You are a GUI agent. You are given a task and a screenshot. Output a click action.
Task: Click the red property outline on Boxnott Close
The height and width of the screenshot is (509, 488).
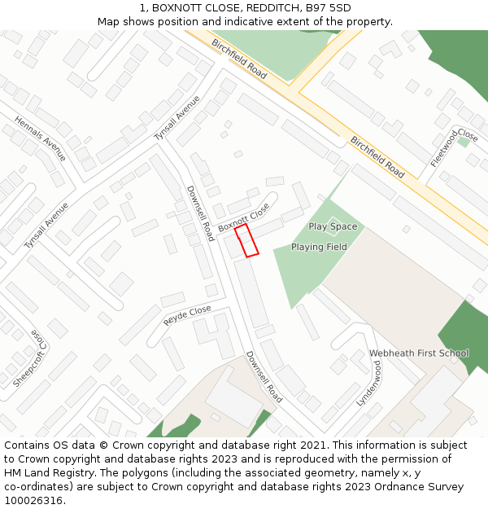pos(246,241)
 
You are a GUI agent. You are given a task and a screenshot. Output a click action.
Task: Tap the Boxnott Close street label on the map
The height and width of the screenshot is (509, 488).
pos(243,217)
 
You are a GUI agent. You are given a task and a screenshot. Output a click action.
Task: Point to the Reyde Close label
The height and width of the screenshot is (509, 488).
pos(187,315)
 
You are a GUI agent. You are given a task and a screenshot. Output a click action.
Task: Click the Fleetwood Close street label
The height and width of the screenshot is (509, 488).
pos(455,147)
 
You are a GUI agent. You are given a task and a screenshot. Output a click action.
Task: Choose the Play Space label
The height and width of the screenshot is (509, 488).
pos(333,226)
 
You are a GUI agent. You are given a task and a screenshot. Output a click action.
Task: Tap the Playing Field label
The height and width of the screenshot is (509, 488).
pos(319,247)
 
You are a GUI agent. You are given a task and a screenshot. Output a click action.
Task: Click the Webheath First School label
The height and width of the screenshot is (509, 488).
pos(419,353)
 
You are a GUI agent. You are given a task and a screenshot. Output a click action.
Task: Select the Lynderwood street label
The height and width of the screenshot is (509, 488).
pos(369,383)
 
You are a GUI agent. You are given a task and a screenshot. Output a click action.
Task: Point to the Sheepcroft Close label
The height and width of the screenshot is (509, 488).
pos(28,358)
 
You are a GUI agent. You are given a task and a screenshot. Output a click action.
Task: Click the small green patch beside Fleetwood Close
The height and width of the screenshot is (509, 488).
pos(463,142)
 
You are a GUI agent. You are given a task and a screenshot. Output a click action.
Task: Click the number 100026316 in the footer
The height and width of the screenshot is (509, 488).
pos(33,500)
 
